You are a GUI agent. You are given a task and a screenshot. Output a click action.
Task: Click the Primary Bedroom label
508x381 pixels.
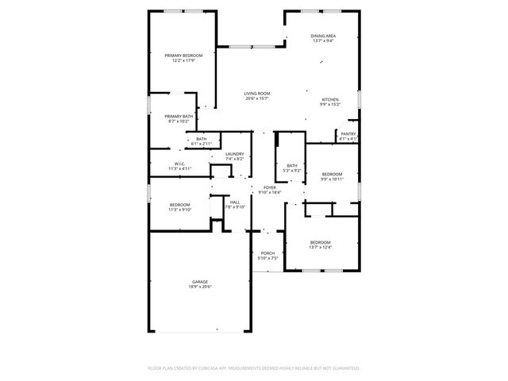tap(183, 55)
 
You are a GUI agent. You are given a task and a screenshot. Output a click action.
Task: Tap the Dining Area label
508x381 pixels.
tap(322, 36)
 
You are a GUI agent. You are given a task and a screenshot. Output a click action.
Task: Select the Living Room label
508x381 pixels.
tap(256, 94)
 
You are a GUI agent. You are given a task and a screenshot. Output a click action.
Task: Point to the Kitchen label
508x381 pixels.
tap(330, 99)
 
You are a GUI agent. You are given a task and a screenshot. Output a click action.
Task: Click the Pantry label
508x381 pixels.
tap(348, 133)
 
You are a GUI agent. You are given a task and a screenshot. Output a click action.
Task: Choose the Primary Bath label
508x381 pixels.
tap(179, 116)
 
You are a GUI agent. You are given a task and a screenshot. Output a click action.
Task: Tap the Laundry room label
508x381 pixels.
tap(234, 154)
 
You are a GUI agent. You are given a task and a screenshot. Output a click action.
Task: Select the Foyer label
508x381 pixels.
tap(269, 187)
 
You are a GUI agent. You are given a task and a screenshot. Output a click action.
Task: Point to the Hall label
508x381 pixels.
tap(235, 202)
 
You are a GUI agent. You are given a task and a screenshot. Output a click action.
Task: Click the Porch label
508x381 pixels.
tap(267, 253)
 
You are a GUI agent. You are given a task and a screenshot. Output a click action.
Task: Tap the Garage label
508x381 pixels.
tap(199, 282)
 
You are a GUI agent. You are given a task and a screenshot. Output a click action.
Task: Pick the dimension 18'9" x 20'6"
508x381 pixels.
tap(199, 287)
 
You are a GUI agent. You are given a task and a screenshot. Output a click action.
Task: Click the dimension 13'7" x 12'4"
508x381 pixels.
tap(320, 247)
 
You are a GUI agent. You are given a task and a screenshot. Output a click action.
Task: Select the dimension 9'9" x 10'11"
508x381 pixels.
tap(332, 179)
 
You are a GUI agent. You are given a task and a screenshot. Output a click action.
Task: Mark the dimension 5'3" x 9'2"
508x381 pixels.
tap(292, 171)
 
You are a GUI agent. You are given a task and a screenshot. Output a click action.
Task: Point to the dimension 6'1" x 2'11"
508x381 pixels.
tap(202, 144)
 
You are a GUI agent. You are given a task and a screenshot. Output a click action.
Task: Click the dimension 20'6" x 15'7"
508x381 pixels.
tap(256, 99)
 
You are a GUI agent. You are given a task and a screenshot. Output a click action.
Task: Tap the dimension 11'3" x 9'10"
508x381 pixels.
tap(179, 210)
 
